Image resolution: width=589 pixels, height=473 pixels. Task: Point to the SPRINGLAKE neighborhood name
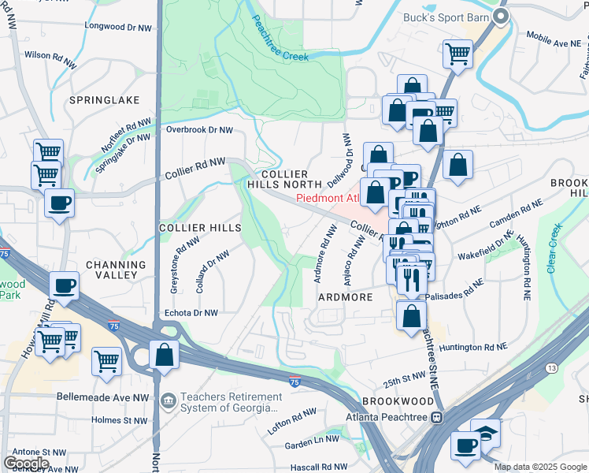pos(104,100)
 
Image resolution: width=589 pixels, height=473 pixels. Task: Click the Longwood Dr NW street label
pos(118,27)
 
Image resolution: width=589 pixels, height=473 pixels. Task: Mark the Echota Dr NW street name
pos(190,313)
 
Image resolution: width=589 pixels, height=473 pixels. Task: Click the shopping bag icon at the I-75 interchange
pos(164,355)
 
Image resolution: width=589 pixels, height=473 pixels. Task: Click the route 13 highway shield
pos(550,368)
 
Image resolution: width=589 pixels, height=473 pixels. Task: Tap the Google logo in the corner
pos(26,463)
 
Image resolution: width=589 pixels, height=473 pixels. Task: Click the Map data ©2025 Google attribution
pos(540,467)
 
